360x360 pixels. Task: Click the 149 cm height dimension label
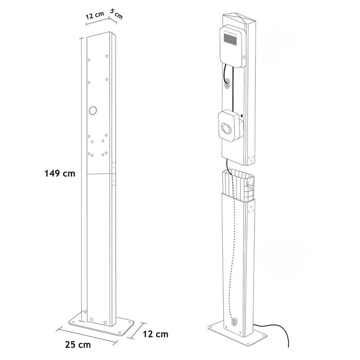click(61, 174)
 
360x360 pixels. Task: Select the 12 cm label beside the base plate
click(156, 334)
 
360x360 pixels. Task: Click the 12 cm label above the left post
click(95, 16)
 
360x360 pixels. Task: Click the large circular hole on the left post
click(93, 111)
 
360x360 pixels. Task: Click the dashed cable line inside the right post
click(232, 247)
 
